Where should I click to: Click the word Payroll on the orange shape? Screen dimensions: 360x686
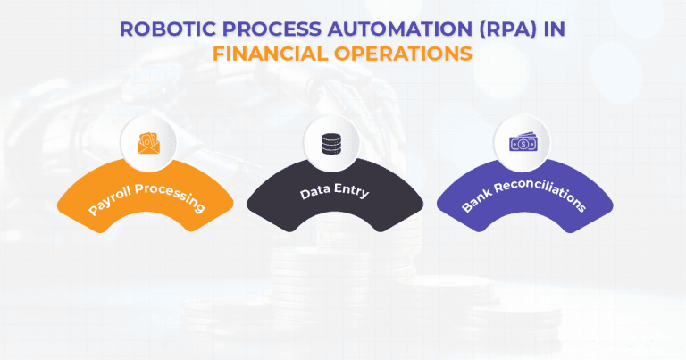tap(113, 202)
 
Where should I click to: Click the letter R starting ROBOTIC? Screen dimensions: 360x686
tap(126, 29)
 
